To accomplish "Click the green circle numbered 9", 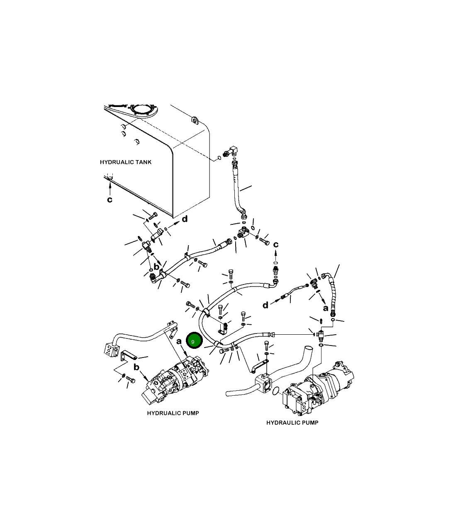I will coord(194,341).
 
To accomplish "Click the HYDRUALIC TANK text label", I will coord(126,162).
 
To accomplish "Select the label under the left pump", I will coord(173,413).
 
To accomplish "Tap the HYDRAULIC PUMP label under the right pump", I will coord(292,423).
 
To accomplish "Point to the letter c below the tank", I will coord(110,200).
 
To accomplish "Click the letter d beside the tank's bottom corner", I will coord(185,219).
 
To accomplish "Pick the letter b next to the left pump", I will coord(136,367).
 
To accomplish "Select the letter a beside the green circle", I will coord(179,342).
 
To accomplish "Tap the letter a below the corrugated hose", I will coord(326,308).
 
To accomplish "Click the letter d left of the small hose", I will coord(265,306).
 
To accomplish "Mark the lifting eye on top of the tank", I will coord(195,120).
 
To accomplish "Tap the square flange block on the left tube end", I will coord(109,351).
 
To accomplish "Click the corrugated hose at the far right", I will coord(333,294).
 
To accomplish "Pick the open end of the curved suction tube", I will coord(307,348).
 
